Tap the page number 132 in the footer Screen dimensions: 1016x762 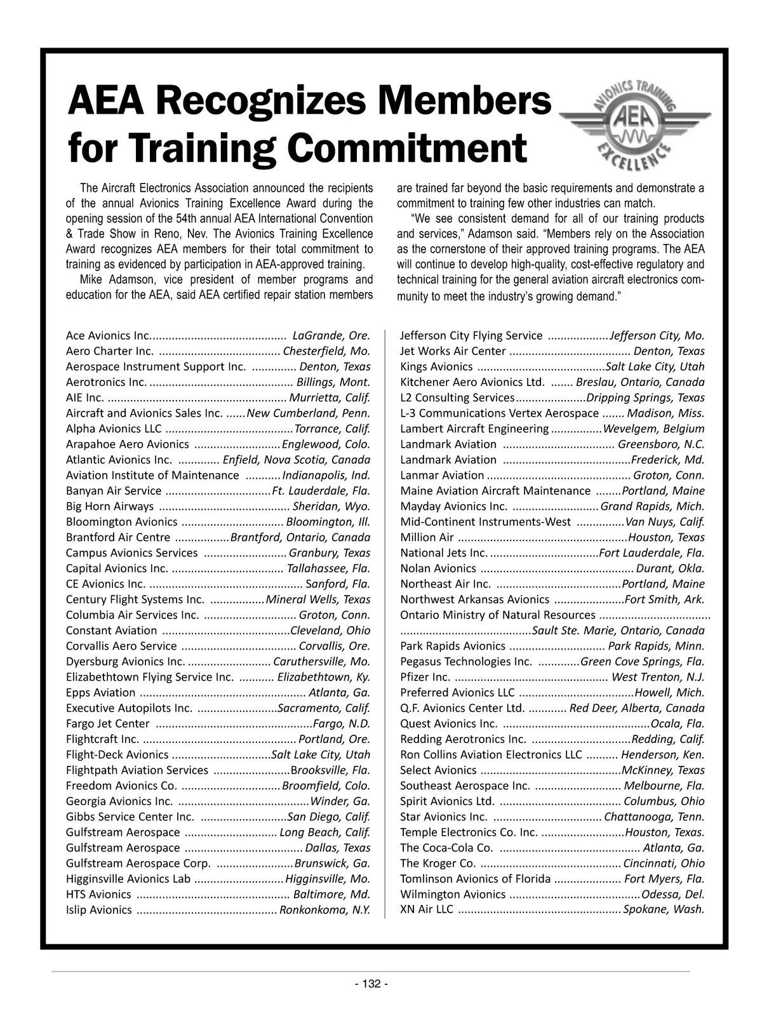(371, 984)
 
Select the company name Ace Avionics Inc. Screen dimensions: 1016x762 (108, 335)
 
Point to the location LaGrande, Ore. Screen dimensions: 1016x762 (331, 335)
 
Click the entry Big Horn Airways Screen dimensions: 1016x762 (110, 506)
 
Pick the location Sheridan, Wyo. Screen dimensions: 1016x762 (331, 506)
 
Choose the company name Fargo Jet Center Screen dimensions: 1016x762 (108, 723)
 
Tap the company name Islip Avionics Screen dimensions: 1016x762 (99, 909)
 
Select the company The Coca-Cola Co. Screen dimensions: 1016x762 (446, 847)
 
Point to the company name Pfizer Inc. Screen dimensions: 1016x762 (425, 677)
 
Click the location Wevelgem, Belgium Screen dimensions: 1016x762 (654, 429)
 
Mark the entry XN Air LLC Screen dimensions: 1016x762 (427, 909)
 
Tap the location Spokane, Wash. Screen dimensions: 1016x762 (664, 909)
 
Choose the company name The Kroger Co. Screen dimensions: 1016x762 (438, 863)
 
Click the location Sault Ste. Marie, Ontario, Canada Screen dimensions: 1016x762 (618, 631)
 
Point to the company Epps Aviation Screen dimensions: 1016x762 (100, 692)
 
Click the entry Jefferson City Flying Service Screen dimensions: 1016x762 (471, 335)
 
